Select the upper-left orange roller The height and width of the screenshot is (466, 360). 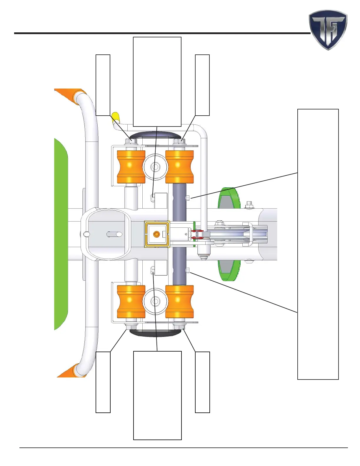[x=131, y=167]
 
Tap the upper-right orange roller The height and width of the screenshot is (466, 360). [x=179, y=167]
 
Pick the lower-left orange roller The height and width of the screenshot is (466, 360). [x=131, y=302]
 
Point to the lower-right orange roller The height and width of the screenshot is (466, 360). [x=179, y=302]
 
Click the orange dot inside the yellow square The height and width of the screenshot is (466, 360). [x=156, y=234]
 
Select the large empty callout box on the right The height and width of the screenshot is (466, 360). [x=318, y=244]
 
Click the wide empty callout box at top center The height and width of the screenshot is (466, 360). [x=157, y=82]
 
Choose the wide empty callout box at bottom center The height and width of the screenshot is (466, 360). [x=157, y=395]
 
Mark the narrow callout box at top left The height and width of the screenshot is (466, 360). [x=103, y=85]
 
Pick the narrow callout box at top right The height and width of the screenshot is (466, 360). [x=202, y=85]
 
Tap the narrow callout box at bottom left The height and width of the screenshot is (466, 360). [x=103, y=382]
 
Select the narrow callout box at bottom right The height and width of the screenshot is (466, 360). [x=202, y=382]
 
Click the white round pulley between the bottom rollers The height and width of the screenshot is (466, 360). [x=155, y=301]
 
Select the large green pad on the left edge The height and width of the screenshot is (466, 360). [x=61, y=234]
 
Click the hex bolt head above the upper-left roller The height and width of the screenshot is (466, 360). [x=131, y=141]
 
